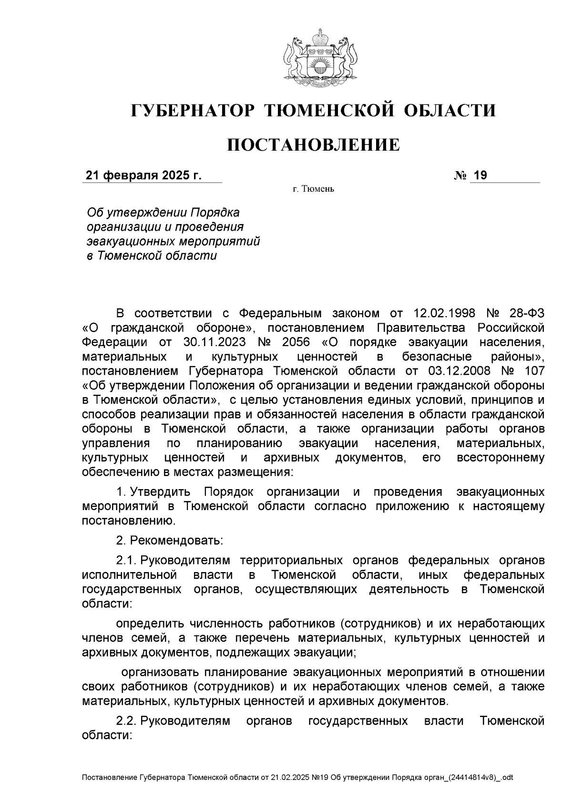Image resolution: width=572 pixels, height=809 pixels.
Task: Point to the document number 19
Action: pos(480,175)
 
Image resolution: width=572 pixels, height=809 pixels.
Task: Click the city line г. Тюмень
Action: pos(313,190)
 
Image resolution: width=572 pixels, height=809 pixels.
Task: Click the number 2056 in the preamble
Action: pos(296,342)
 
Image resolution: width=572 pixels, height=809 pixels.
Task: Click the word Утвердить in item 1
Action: pos(161,492)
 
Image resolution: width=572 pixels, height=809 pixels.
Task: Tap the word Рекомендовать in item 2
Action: pos(176,541)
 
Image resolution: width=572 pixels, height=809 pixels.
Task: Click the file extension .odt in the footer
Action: pos(506,778)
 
